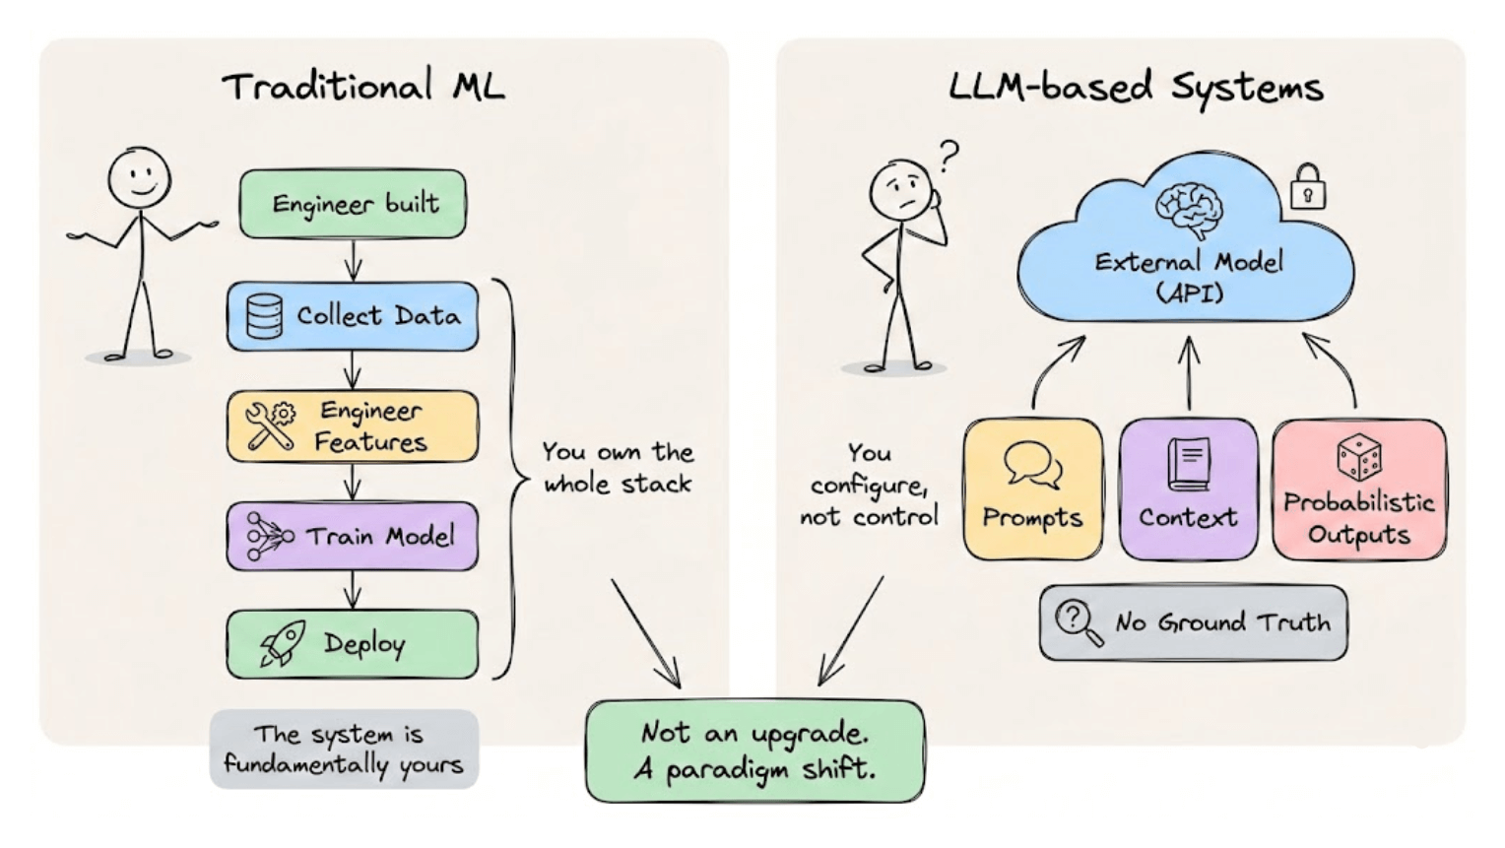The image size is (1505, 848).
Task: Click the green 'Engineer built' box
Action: point(354,204)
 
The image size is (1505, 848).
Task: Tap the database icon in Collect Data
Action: point(264,316)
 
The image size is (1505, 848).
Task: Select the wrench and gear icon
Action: point(269,426)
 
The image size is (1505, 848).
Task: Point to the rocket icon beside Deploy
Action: point(283,644)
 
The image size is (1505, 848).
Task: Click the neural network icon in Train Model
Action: point(268,536)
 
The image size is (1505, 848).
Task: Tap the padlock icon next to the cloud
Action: point(1307,186)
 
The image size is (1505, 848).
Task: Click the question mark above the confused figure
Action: point(949,155)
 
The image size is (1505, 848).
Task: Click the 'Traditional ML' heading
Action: point(363,87)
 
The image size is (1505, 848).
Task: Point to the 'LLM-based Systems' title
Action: point(1135,87)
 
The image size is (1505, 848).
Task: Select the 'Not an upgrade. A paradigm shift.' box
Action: point(755,750)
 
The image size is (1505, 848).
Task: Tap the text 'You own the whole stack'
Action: point(619,467)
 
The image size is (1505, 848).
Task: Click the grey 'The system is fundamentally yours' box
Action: point(344,749)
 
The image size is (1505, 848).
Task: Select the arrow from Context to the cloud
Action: point(1189,372)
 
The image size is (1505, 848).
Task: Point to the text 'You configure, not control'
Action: point(869,485)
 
